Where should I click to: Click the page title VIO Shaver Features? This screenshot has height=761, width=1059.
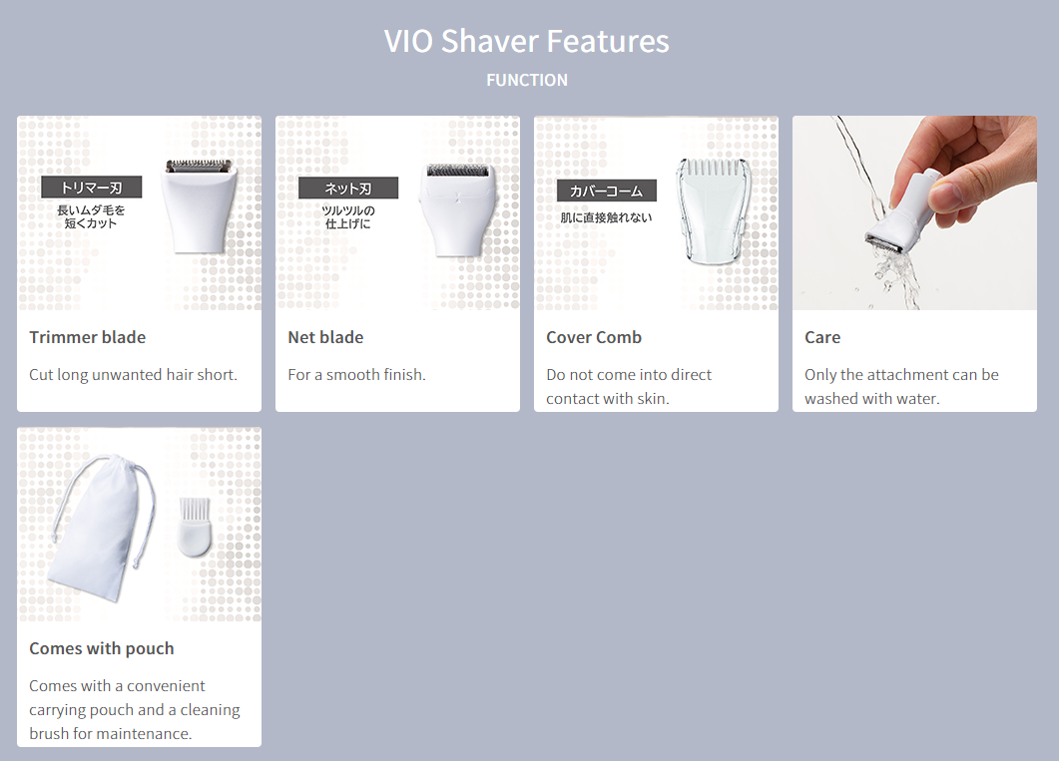[x=527, y=41]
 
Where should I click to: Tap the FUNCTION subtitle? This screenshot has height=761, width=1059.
[x=527, y=80]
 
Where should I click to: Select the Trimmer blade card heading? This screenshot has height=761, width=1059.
[x=87, y=337]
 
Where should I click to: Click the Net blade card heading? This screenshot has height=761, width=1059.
[x=325, y=337]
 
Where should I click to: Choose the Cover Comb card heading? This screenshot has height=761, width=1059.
[x=594, y=337]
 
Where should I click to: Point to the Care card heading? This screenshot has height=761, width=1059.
[x=822, y=337]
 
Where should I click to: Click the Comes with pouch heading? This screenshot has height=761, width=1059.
[x=101, y=648]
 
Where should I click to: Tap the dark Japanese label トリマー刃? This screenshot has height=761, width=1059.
[x=91, y=188]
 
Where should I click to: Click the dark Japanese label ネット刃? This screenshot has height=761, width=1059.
[x=348, y=189]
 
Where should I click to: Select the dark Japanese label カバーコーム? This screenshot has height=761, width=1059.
[x=607, y=190]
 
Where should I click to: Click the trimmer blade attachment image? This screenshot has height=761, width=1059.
[x=200, y=205]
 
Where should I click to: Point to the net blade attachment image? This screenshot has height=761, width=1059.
[x=457, y=209]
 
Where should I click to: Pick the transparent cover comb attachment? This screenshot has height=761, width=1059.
[x=715, y=210]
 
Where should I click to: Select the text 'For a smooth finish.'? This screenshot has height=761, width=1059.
[x=356, y=375]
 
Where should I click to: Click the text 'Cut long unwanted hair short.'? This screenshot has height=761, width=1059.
[x=133, y=375]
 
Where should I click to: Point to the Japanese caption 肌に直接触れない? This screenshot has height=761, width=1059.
[x=606, y=217]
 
